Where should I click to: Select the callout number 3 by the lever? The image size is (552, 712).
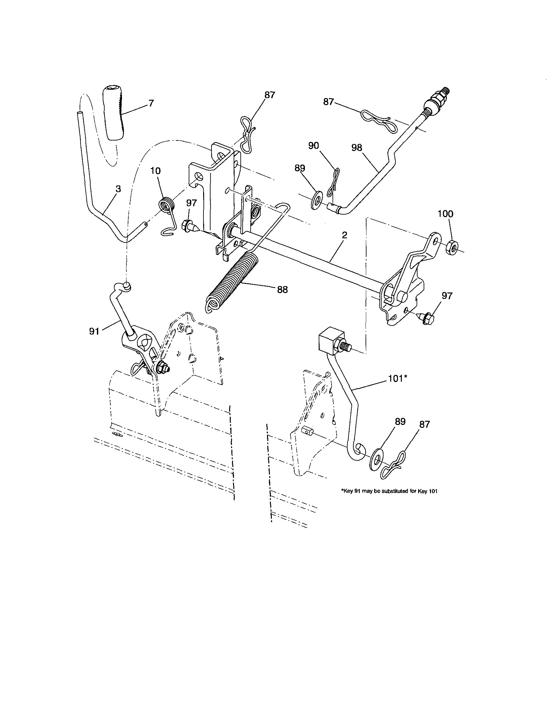click(x=118, y=189)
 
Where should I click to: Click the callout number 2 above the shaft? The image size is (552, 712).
click(x=344, y=235)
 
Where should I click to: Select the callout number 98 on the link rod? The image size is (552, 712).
click(x=357, y=148)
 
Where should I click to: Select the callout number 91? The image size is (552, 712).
click(x=94, y=332)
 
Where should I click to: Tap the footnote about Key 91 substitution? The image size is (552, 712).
click(x=389, y=500)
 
